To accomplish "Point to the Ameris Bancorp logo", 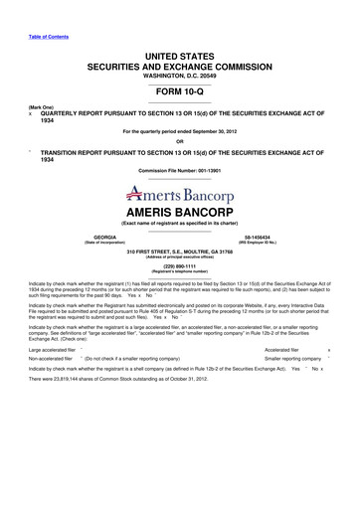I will click(x=180, y=193).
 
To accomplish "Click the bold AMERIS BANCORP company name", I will click(x=180, y=214).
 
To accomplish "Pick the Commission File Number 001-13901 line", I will click(x=180, y=171).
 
